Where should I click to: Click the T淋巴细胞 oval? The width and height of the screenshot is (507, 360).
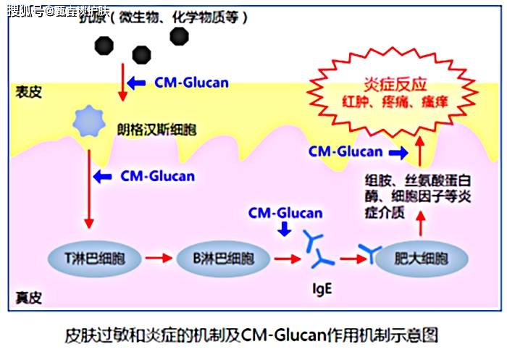point(91,258)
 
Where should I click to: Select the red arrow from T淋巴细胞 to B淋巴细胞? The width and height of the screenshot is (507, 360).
point(157,258)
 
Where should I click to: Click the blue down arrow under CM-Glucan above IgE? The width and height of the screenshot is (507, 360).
point(285,229)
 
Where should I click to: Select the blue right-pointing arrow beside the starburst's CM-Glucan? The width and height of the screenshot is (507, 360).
point(398,152)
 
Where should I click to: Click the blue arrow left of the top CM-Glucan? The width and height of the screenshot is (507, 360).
point(137,83)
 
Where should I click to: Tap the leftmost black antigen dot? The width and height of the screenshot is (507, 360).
point(104,46)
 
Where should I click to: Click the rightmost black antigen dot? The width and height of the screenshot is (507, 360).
point(178,35)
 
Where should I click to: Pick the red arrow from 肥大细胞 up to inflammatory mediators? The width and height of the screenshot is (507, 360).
point(422,227)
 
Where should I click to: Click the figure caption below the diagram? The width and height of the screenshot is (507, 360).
point(252,335)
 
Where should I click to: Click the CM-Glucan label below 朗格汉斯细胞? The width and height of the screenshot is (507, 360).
point(157,175)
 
